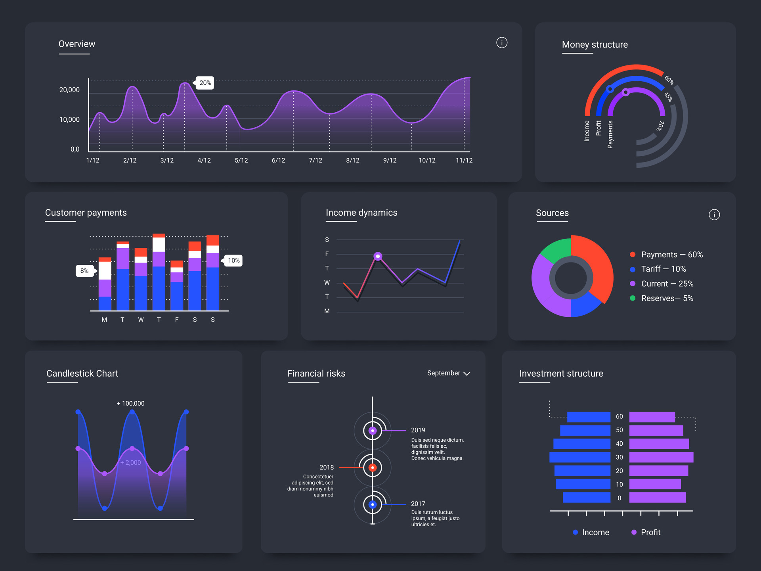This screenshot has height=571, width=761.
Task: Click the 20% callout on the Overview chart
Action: point(205,83)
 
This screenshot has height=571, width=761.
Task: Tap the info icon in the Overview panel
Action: point(502,42)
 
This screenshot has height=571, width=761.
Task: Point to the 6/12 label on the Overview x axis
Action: point(278,160)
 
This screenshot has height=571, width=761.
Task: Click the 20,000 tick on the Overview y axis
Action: point(69,90)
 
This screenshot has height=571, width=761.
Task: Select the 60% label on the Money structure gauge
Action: point(669,80)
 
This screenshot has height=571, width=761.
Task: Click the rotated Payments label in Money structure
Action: point(610,134)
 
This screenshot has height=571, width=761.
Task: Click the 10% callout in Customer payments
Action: point(233,261)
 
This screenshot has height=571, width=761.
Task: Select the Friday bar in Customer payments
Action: point(177,285)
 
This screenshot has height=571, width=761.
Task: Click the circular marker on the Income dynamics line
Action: point(378,257)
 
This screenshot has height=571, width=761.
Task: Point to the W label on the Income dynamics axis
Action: point(327,283)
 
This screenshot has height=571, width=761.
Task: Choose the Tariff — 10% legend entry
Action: point(663,269)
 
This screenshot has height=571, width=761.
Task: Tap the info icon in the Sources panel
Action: point(714,215)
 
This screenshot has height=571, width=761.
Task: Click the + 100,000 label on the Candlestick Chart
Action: point(130,403)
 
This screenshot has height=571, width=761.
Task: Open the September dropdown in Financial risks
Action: point(448,373)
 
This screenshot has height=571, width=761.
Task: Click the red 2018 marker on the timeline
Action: point(372,468)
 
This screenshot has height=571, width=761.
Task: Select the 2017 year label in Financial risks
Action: point(418,504)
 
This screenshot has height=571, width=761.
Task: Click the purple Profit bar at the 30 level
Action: point(661,457)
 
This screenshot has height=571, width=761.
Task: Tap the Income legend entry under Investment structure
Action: point(591,532)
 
